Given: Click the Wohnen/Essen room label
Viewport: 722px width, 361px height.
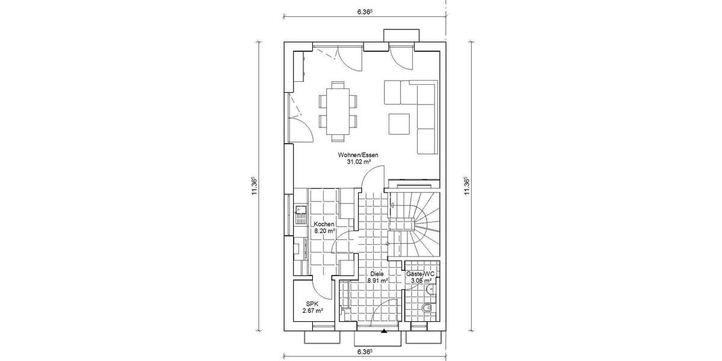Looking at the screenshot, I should click(358, 155).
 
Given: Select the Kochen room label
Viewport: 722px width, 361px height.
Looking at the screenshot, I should click(324, 224).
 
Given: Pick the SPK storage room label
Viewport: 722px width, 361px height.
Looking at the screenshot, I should click(313, 303).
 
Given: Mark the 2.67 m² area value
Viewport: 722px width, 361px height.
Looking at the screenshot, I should click(313, 311).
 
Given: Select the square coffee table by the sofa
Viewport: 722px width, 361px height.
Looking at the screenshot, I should click(398, 123).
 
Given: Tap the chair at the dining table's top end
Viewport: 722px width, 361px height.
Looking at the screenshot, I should click(337, 84).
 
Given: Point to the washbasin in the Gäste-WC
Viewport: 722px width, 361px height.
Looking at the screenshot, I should click(431, 290).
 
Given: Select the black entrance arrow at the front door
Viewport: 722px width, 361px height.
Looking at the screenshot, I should click(384, 331).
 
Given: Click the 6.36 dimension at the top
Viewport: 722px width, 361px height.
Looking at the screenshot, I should click(364, 11).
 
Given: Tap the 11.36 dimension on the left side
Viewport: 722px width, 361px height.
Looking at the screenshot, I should click(255, 185).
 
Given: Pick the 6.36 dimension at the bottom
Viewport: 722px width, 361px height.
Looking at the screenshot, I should click(364, 351).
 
